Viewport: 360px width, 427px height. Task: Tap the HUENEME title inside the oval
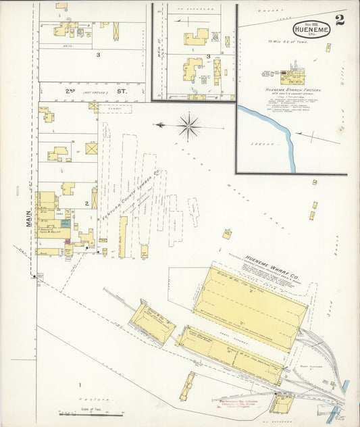(311, 29)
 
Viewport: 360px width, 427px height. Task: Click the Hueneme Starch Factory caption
(292, 90)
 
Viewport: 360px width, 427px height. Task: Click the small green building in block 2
(66, 223)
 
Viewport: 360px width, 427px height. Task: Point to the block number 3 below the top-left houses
(98, 54)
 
